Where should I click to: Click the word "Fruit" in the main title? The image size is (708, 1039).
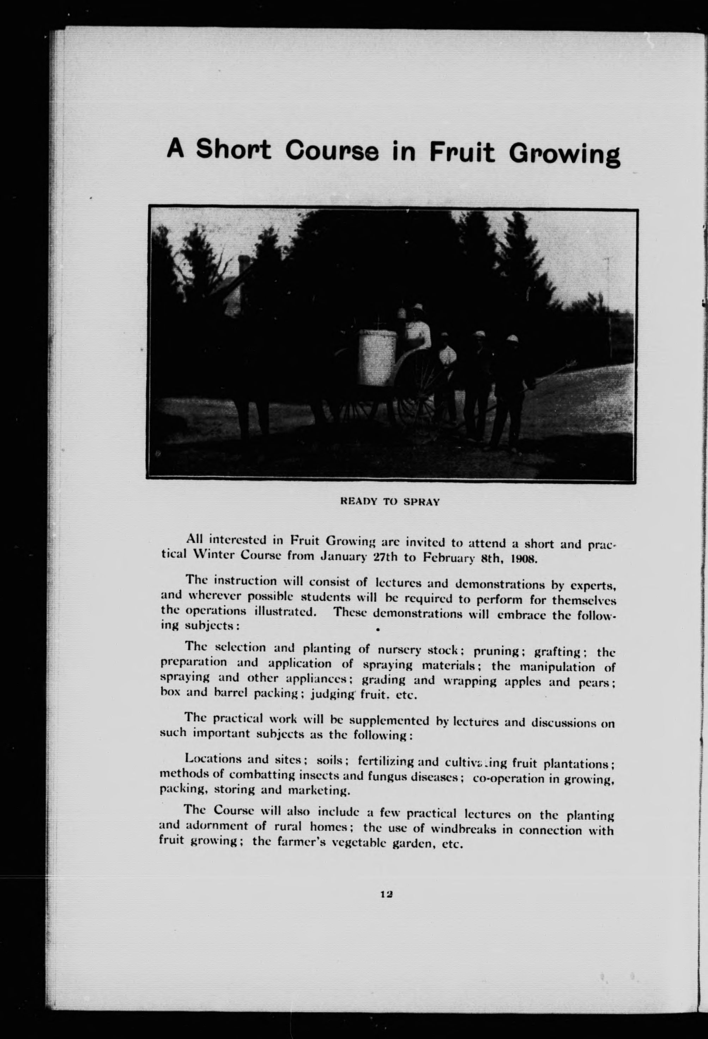(x=462, y=152)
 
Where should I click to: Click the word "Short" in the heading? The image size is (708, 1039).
(x=234, y=150)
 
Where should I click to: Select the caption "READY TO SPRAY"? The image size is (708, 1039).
(x=390, y=502)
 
